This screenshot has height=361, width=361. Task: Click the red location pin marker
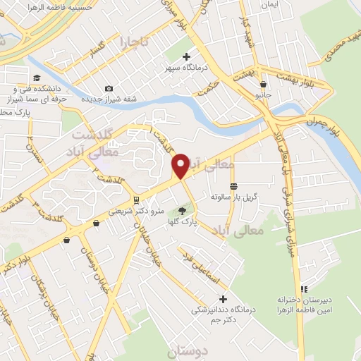(x=180, y=165)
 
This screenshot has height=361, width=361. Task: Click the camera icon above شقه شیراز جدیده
(x=109, y=88)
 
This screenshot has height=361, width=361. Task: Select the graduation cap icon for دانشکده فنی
(x=36, y=78)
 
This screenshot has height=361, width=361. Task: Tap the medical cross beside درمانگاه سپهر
(x=186, y=56)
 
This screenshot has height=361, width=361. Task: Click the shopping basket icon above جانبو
(x=263, y=84)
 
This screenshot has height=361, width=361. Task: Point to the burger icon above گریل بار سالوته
(x=233, y=185)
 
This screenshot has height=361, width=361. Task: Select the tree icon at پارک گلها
(x=183, y=210)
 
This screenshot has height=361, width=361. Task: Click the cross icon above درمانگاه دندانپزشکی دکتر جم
(x=224, y=300)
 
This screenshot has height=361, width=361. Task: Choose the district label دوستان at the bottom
(x=184, y=349)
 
